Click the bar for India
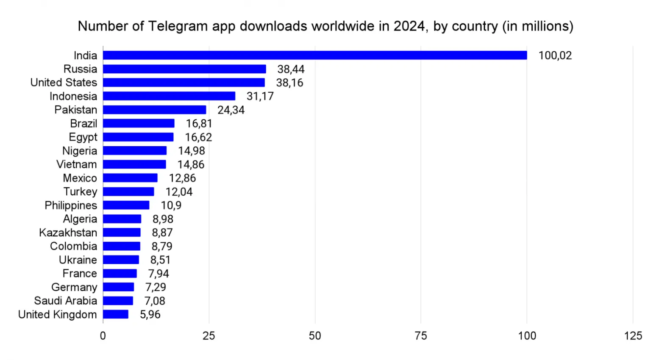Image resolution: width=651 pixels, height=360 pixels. point(315,55)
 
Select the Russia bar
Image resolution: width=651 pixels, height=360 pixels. point(184,69)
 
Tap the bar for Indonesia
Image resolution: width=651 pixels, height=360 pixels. point(169,96)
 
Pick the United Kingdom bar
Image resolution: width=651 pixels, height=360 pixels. point(116,314)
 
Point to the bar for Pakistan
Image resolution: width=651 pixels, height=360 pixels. point(155,110)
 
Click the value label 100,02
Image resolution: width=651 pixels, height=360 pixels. point(555,55)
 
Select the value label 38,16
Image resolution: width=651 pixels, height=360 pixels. point(289,83)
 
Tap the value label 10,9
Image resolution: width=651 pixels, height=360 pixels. point(171,205)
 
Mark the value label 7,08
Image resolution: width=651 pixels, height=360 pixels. point(155,301)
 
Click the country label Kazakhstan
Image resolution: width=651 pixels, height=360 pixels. point(68,233)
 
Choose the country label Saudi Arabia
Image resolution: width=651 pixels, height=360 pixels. point(66,301)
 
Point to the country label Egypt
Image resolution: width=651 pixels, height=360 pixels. point(83,137)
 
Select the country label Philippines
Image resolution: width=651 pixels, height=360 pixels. point(71,205)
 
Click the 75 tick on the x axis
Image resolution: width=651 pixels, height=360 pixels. point(421,336)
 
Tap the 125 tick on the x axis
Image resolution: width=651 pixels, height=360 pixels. point(633,336)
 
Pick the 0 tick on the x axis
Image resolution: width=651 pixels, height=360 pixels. point(103,336)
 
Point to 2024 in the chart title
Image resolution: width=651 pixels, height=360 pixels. point(409,26)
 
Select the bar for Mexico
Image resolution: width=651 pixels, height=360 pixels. point(130,178)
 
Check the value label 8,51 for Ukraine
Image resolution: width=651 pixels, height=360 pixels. point(160,260)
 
